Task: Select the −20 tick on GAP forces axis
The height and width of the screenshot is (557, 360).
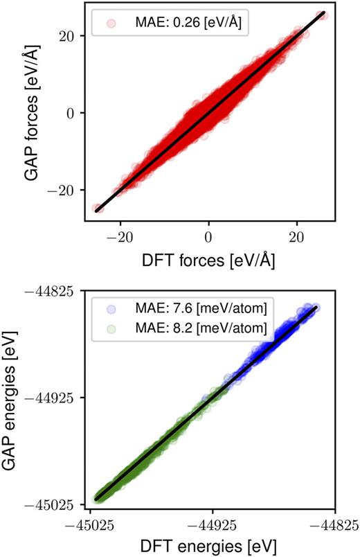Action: tap(65, 189)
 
